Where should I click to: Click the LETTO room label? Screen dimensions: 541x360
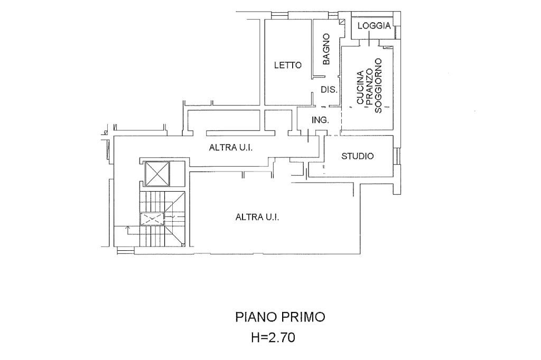click(287, 65)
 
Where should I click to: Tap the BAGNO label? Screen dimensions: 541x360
click(326, 49)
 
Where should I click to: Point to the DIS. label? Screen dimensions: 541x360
click(329, 90)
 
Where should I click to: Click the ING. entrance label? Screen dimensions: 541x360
click(320, 120)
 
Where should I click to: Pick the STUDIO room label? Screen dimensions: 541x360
click(358, 156)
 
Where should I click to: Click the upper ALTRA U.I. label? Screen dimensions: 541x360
click(231, 148)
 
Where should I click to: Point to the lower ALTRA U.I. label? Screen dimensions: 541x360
click(257, 216)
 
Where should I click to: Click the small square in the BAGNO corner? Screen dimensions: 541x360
click(342, 22)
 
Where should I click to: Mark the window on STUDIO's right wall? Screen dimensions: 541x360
click(397, 156)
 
